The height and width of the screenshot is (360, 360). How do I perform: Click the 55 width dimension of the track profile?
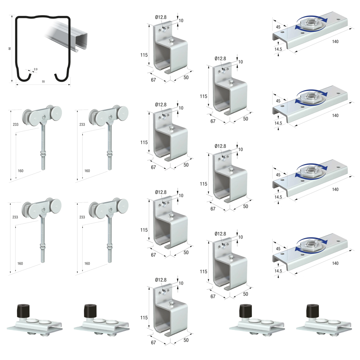(x=44, y=81)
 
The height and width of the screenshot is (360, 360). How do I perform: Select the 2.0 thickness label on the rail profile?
(x=36, y=69)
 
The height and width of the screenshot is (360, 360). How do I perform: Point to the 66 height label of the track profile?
(x=10, y=49)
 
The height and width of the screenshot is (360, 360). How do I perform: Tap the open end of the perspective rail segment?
(x=81, y=41)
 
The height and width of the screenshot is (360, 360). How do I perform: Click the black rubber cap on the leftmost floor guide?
(x=23, y=311)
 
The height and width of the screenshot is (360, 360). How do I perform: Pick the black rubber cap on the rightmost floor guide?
(x=312, y=311)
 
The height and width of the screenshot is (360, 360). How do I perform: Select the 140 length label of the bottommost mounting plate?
(x=335, y=264)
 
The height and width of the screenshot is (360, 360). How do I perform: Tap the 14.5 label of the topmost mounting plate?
(x=278, y=49)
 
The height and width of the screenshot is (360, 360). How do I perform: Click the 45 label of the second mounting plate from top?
(x=278, y=101)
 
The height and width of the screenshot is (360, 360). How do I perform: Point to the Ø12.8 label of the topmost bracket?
(x=161, y=17)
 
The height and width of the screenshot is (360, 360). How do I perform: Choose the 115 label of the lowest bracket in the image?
(x=144, y=318)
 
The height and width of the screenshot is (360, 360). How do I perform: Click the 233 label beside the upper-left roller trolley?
(x=15, y=125)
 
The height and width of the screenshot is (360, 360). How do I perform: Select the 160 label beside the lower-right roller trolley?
(x=87, y=264)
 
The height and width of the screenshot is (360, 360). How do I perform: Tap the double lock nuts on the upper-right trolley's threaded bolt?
(x=109, y=153)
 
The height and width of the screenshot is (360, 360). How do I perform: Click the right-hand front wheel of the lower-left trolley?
(x=56, y=205)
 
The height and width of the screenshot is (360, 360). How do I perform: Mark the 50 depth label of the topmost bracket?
(x=186, y=78)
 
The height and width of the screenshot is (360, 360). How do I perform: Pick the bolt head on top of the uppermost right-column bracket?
(x=231, y=81)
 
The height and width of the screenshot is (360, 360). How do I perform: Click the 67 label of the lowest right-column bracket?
(x=213, y=296)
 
